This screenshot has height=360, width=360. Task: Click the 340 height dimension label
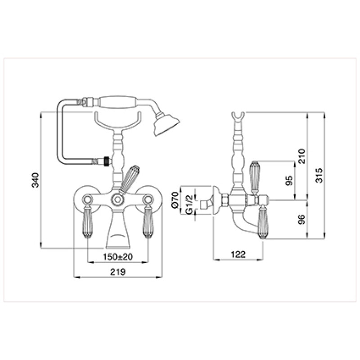pos(36,180)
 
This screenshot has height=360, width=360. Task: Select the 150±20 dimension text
pos(117,256)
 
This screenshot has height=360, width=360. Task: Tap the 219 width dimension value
pos(118,272)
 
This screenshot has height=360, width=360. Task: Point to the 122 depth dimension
pos(238,254)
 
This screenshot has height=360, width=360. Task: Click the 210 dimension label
pos(302,156)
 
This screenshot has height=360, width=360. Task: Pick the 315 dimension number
pos(319,175)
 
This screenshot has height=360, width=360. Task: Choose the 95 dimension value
pos(289,180)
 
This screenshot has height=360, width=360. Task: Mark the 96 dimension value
pos(301,220)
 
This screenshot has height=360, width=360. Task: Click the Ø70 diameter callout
pos(175,200)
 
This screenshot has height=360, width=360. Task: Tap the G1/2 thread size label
pos(189,205)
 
